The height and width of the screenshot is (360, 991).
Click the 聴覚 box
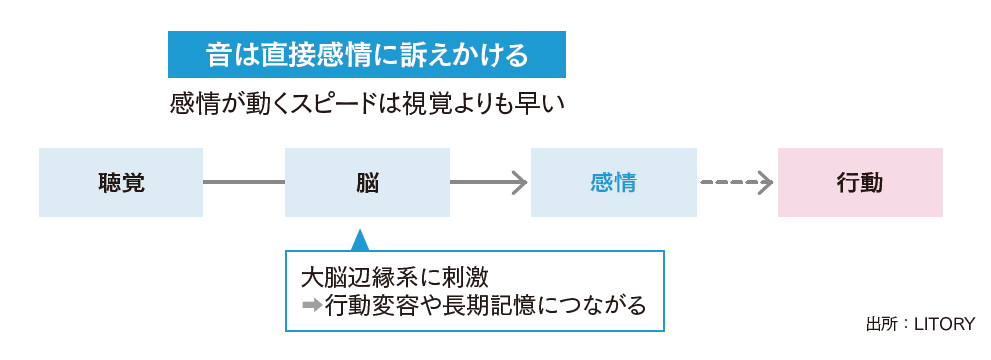point(121,182)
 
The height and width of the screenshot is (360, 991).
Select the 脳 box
point(367,182)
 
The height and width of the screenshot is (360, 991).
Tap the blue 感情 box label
point(613,182)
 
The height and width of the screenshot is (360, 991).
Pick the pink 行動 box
point(859,182)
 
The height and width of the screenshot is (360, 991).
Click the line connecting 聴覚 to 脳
point(244,182)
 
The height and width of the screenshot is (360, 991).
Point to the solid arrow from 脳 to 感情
point(489,182)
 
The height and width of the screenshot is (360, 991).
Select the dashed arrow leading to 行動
point(736,182)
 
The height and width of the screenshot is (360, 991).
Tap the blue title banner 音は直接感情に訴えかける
point(367,55)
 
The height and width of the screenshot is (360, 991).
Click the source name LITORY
point(941,323)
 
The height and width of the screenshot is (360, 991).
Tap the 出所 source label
point(879,323)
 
